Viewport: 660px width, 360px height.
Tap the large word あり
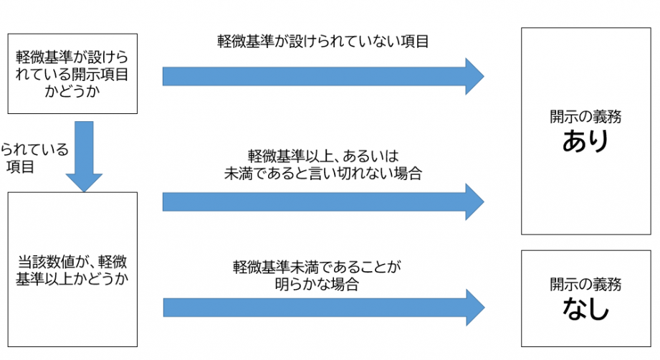pos(585,142)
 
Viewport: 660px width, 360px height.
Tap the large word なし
pos(585,310)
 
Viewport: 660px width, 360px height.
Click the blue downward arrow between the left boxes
pos(84,155)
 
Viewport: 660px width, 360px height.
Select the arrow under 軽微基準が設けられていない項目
pos(322,75)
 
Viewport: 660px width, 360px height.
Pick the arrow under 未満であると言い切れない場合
pos(322,202)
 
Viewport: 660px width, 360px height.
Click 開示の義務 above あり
pos(585,117)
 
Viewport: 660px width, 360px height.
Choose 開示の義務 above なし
pos(585,285)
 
